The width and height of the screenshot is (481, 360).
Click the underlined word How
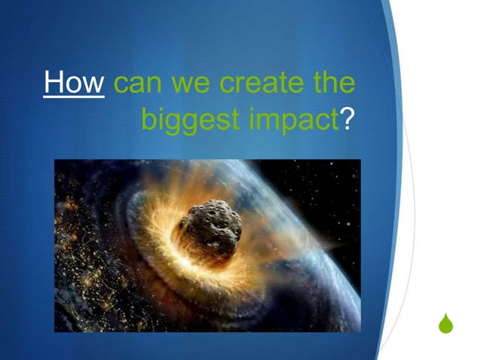(74, 83)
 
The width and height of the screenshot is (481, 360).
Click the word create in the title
(262, 84)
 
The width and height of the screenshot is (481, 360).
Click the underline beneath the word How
(74, 98)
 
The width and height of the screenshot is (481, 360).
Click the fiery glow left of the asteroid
(162, 226)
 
